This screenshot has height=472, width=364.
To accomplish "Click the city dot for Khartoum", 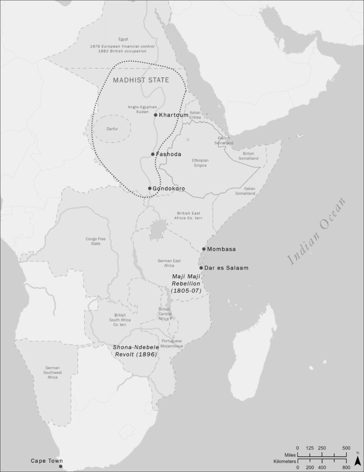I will pyautogui.click(x=156, y=115).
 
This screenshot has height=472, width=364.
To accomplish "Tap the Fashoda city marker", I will pyautogui.click(x=153, y=154).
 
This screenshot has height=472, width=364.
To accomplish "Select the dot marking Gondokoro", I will pyautogui.click(x=150, y=188).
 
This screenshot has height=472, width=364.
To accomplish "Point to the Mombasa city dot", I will pyautogui.click(x=204, y=249).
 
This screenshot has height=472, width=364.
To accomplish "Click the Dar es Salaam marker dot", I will pyautogui.click(x=201, y=268).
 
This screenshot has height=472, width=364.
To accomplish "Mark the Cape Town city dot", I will pyautogui.click(x=60, y=466).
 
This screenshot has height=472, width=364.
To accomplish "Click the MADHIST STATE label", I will pyautogui.click(x=141, y=80).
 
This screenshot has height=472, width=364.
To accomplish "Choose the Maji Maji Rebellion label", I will pyautogui.click(x=184, y=283).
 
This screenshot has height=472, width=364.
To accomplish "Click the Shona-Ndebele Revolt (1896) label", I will pyautogui.click(x=135, y=351).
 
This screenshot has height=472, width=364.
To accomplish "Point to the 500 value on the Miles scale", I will pyautogui.click(x=346, y=448).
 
